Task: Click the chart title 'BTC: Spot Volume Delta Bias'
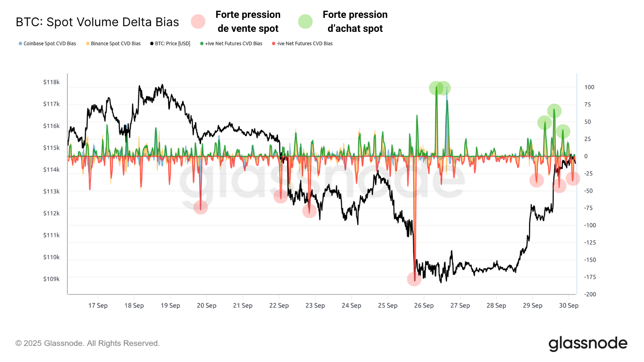(97, 22)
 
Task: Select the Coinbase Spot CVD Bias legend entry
(49, 44)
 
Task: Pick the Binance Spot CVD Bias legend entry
(116, 44)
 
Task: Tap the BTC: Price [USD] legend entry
(172, 44)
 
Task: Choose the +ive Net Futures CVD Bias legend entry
(233, 44)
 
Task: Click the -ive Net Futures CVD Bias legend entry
(304, 44)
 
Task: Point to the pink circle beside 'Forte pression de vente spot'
(198, 21)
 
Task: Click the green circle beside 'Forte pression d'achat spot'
(305, 21)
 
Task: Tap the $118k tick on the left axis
(52, 82)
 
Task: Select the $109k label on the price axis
(52, 279)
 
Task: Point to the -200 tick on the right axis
(590, 294)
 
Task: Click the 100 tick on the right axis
(589, 87)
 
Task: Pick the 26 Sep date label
(424, 306)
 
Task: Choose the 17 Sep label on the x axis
(98, 306)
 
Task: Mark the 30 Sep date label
(569, 306)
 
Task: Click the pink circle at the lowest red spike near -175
(414, 279)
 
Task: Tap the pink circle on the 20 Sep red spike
(201, 207)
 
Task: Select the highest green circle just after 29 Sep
(554, 111)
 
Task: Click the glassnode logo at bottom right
(588, 343)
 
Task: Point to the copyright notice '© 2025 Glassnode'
(87, 343)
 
